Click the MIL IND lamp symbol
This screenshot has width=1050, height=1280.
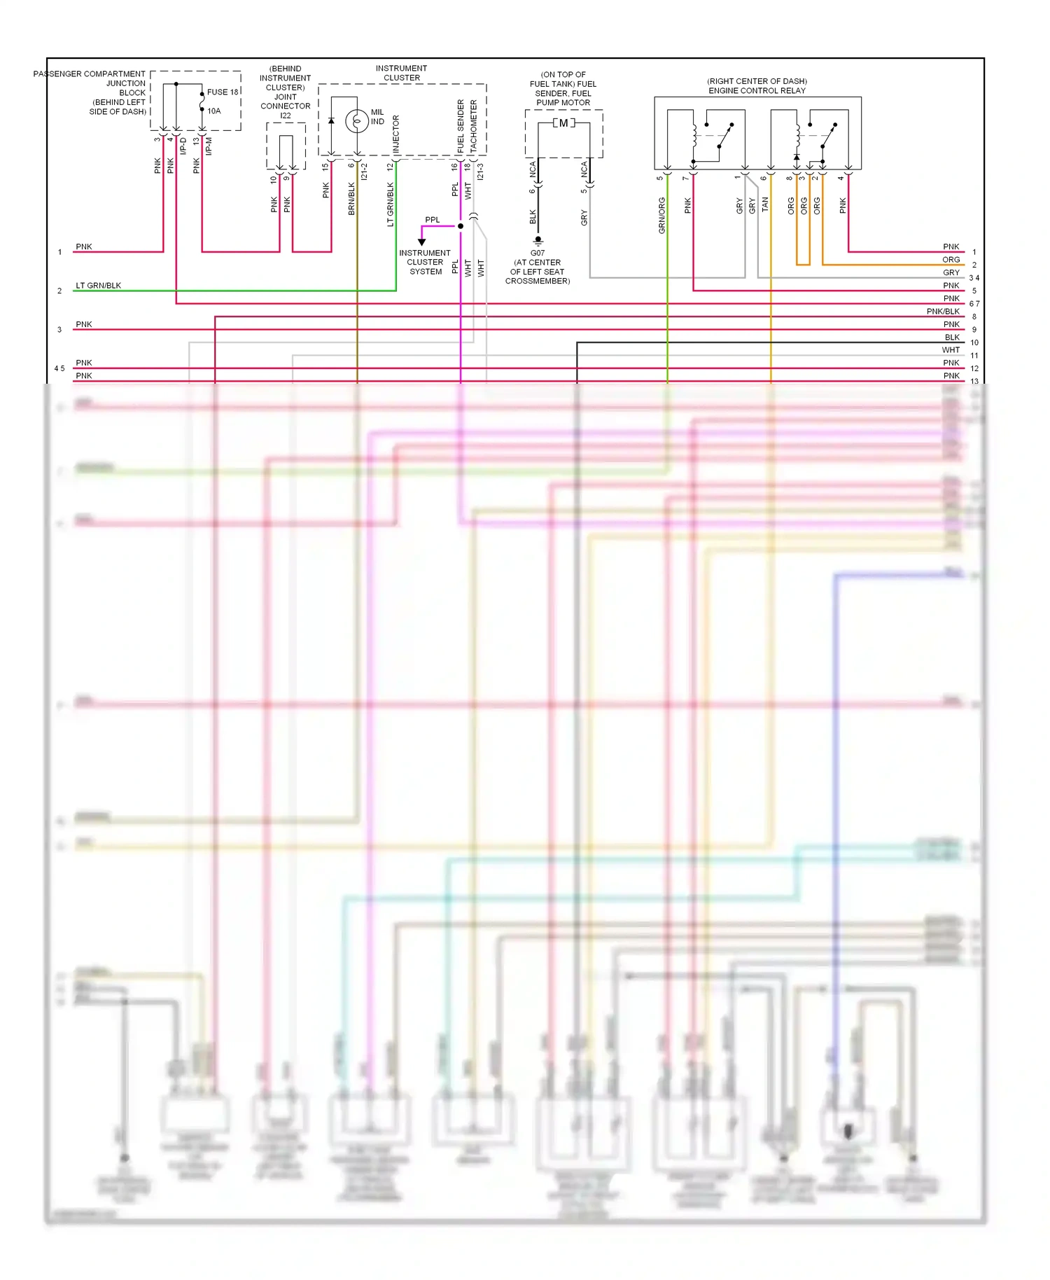(357, 121)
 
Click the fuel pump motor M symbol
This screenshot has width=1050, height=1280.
(563, 123)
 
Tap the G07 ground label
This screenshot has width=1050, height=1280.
(538, 253)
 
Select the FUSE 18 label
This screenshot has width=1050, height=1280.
(223, 92)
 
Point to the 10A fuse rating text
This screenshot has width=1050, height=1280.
(214, 111)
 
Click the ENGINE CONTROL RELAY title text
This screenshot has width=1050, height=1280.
(757, 90)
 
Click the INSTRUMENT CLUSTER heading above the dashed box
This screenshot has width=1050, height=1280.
(401, 73)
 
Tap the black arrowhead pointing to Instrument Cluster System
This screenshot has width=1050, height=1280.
(421, 242)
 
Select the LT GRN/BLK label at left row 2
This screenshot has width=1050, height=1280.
(98, 286)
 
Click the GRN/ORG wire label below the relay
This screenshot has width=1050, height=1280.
(661, 215)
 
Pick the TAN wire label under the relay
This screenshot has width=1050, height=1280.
(765, 204)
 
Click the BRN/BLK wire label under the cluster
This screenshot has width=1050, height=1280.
(351, 198)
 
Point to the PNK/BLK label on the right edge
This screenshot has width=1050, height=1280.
(943, 312)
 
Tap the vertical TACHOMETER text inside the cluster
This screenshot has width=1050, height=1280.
(474, 125)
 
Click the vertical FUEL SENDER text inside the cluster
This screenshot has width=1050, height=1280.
(461, 126)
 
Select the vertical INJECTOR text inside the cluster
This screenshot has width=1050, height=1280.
(396, 134)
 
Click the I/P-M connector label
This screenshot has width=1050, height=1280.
(209, 146)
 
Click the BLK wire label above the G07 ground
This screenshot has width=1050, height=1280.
(533, 216)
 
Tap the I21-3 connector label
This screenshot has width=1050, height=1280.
(480, 172)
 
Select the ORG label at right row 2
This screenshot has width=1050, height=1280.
(951, 260)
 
